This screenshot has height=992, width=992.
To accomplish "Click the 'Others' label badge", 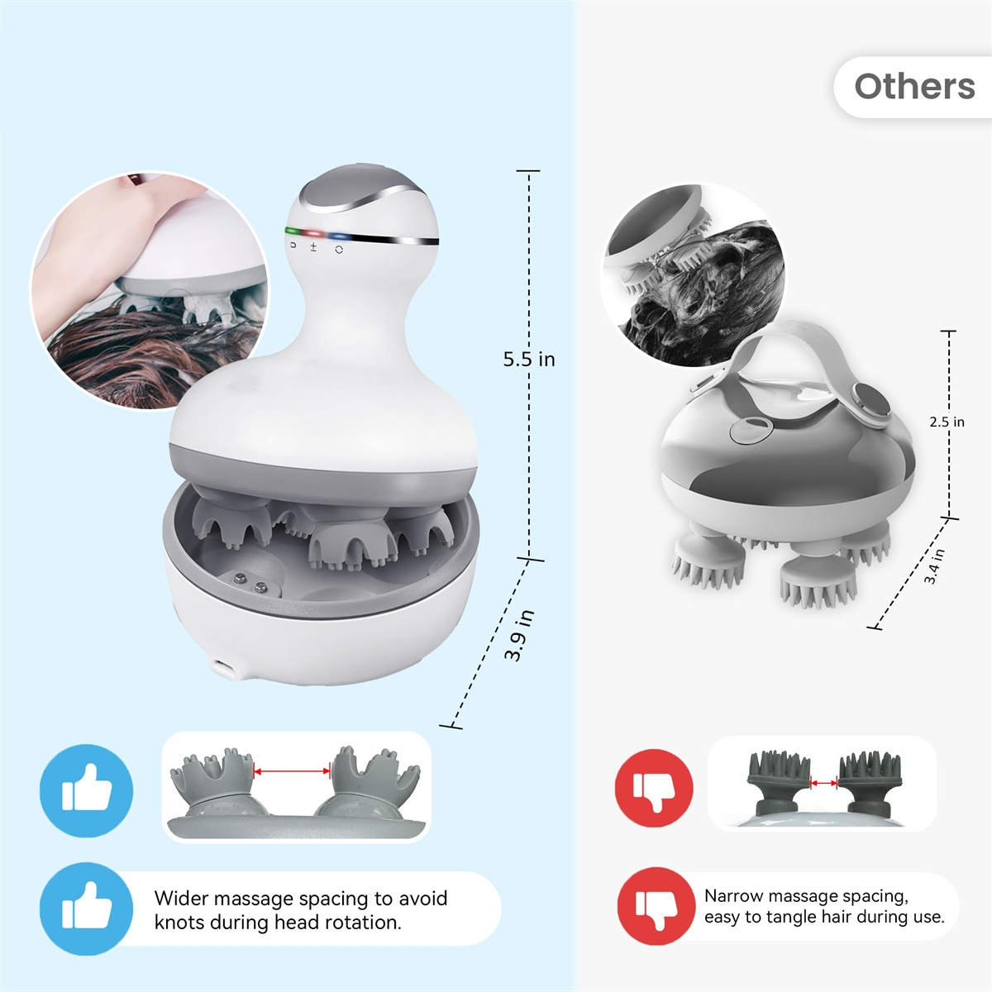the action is [x=913, y=87].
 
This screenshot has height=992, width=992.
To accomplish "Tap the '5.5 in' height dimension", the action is [x=529, y=360].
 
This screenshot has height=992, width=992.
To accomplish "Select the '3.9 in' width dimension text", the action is [x=519, y=635].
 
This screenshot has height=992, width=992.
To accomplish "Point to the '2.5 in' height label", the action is [x=947, y=422].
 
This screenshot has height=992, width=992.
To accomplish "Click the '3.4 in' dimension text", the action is [x=934, y=566].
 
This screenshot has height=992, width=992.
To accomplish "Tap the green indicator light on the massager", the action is [x=294, y=231].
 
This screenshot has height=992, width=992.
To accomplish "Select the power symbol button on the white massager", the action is [x=339, y=250].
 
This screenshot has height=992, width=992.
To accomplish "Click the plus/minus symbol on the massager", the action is [x=313, y=248].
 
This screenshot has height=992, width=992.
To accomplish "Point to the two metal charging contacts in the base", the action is [x=250, y=582].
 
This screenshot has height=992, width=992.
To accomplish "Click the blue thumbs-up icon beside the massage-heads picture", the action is [x=86, y=790].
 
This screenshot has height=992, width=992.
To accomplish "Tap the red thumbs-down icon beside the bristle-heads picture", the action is [x=654, y=788].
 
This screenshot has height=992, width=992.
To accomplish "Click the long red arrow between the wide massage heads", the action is [x=292, y=770].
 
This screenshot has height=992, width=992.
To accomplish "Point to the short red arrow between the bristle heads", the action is [x=823, y=783].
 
